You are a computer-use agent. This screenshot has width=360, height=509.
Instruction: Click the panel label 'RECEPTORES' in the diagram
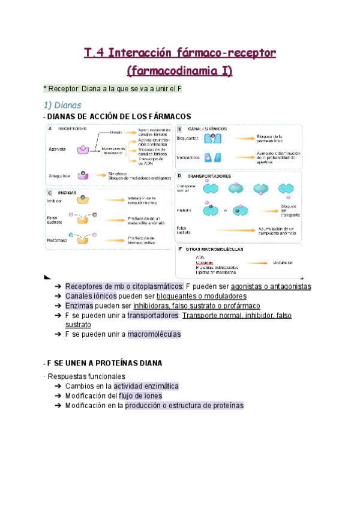tap(71, 128)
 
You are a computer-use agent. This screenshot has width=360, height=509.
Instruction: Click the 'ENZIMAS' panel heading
tap(67, 192)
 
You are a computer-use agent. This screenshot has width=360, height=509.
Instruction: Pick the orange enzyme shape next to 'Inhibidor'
tap(79, 200)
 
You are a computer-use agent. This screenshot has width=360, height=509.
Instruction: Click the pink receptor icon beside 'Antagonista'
tap(85, 176)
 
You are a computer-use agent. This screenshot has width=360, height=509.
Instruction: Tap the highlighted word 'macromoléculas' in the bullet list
tap(154, 334)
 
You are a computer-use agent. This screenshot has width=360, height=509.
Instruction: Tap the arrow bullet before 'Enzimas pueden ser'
tap(57, 307)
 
